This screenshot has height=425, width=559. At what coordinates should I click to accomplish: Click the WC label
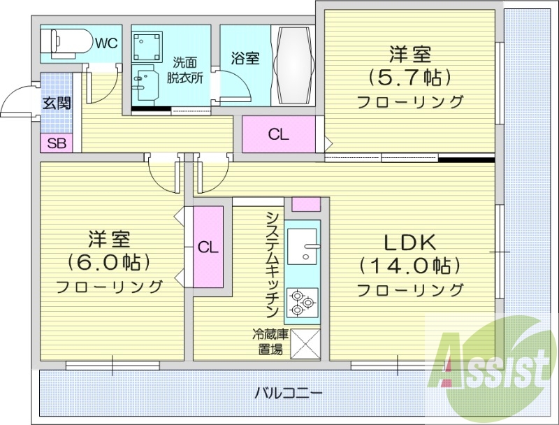[x=106, y=43]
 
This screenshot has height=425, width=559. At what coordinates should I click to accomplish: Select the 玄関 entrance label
[x=57, y=103]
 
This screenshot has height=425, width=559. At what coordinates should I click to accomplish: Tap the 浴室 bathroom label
[x=245, y=57]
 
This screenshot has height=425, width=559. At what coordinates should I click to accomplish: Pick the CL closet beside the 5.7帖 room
[x=278, y=135]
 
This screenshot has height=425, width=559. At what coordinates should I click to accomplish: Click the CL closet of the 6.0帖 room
[x=208, y=247]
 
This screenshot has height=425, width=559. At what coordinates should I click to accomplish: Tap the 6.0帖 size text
[x=108, y=262]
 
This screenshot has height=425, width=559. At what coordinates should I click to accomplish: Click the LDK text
[x=410, y=243]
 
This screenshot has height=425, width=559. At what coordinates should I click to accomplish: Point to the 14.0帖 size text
[x=410, y=265]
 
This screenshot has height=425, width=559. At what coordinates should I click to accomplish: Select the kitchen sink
[x=302, y=246]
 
